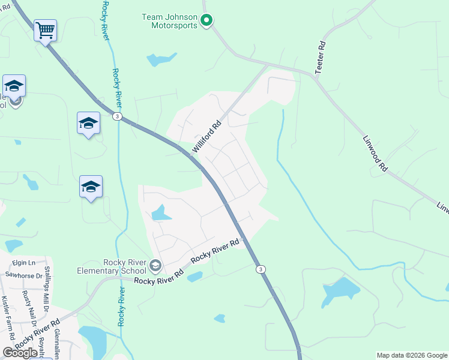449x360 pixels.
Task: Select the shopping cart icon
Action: tap(46, 29)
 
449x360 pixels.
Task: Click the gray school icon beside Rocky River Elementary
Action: tap(155, 265)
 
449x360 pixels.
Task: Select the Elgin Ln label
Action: tap(20, 263)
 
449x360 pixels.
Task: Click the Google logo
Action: tap(20, 353)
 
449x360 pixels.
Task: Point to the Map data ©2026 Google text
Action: tap(411, 355)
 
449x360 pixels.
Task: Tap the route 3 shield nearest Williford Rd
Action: tap(118, 116)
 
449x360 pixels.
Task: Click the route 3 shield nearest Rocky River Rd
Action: tap(260, 269)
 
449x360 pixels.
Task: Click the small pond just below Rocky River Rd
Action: tap(194, 277)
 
